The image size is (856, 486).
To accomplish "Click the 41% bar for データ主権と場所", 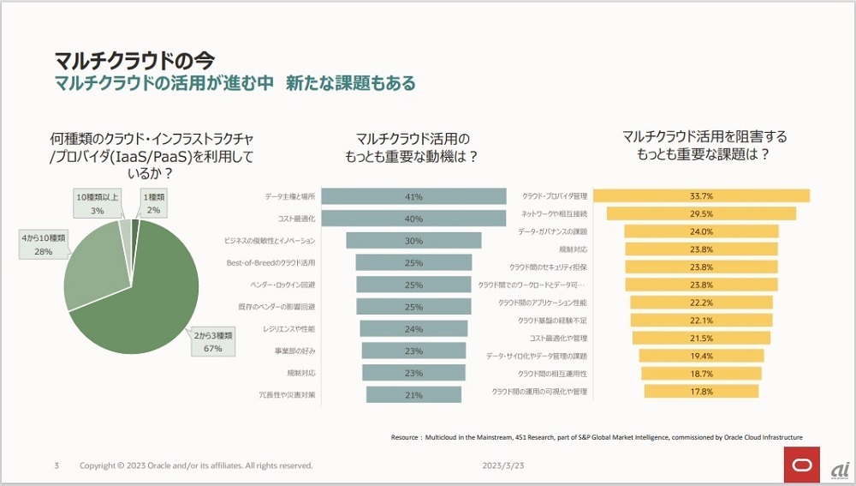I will click(x=413, y=197).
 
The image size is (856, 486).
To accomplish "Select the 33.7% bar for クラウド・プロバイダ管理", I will click(x=701, y=195).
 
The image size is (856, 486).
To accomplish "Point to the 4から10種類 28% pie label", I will click(x=43, y=246).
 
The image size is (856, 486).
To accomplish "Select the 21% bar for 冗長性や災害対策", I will click(x=413, y=394).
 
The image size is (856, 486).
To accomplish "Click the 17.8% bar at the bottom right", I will click(x=701, y=392).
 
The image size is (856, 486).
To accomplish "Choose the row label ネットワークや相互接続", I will click(x=554, y=213).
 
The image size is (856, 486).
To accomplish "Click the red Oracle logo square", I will click(x=802, y=465).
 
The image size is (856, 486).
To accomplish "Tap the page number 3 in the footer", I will click(x=56, y=465).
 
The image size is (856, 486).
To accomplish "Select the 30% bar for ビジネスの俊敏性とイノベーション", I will click(x=413, y=241).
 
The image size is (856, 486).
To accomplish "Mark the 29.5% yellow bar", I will click(x=701, y=213).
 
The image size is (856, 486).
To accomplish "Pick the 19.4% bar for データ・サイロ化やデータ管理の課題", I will click(x=701, y=356).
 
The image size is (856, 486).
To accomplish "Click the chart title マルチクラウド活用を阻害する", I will click(x=704, y=136).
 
